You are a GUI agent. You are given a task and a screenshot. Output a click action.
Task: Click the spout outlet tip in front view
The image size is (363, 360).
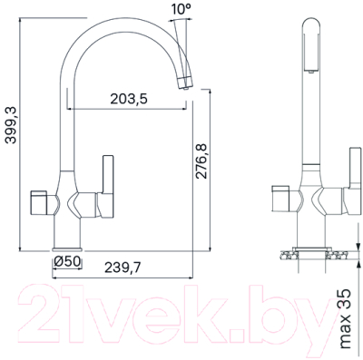tap(185, 84)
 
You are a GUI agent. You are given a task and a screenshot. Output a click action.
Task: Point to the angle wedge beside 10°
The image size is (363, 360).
tap(186, 34)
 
